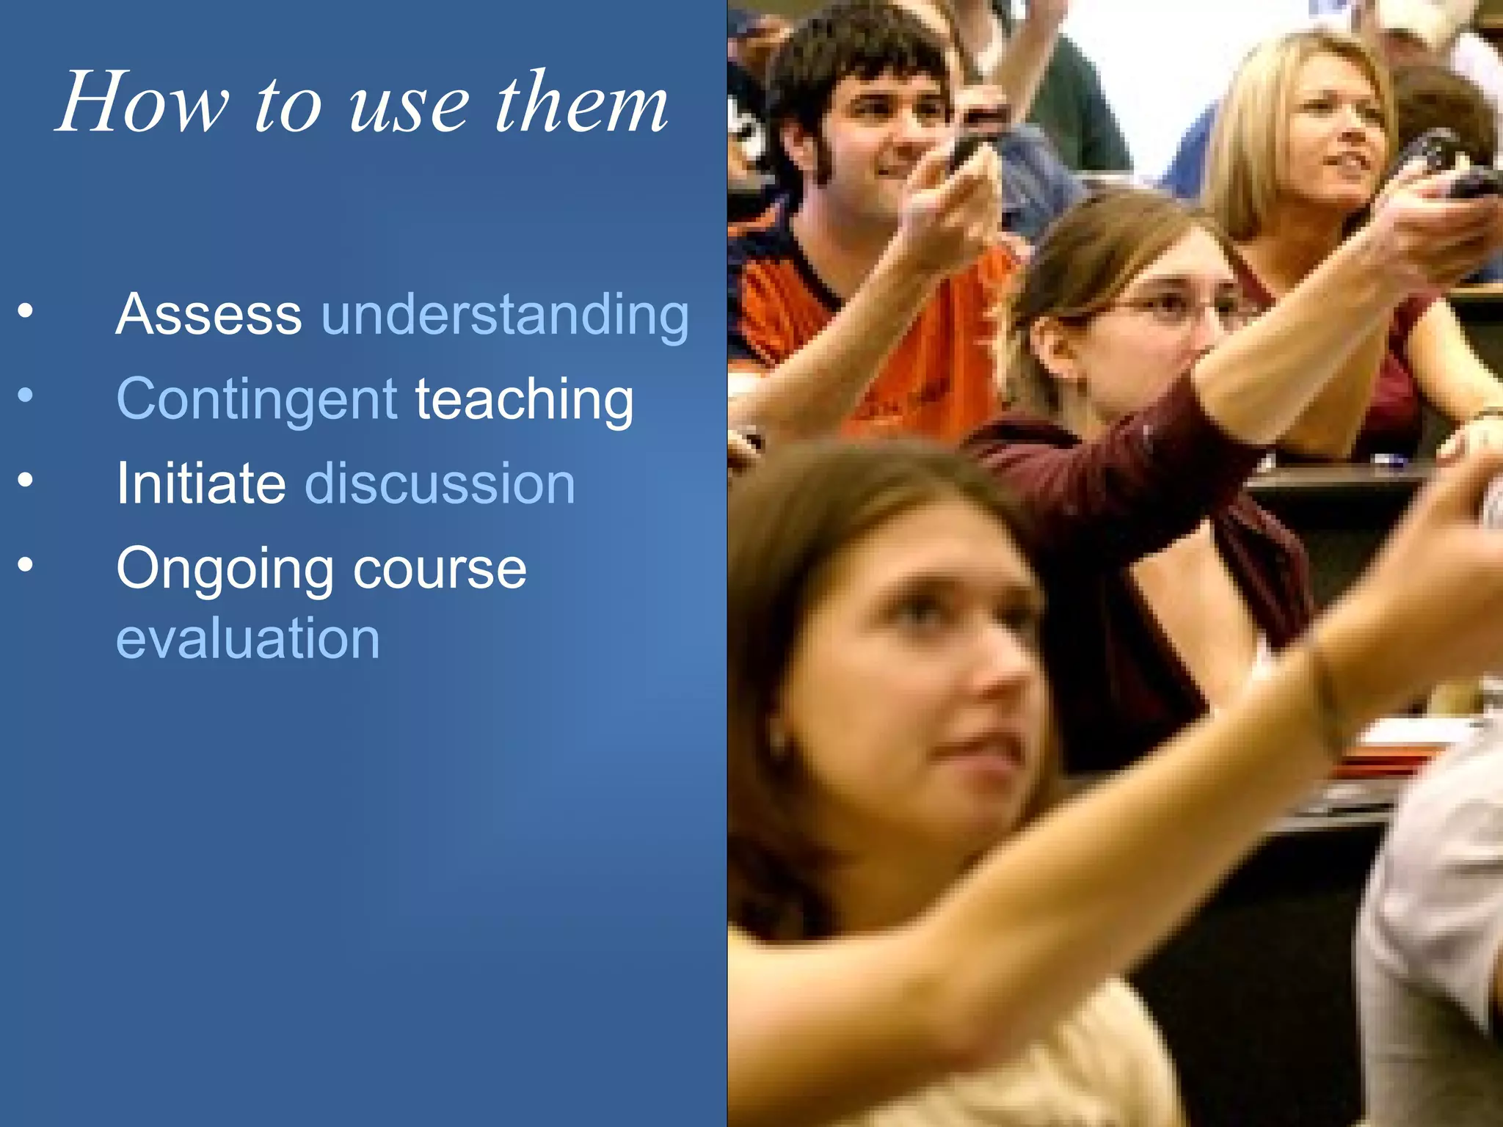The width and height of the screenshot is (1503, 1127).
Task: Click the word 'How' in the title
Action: pos(143,103)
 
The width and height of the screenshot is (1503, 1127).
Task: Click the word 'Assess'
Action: pos(209,314)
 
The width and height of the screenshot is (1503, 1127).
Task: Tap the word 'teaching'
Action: pos(524,401)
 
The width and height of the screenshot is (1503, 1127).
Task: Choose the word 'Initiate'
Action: pos(201,484)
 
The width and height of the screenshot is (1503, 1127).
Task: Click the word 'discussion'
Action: pos(440,484)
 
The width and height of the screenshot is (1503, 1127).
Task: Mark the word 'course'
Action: pos(440,569)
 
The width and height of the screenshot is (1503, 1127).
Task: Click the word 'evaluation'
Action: pos(248,638)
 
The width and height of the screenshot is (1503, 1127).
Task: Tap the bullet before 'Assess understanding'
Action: pos(26,311)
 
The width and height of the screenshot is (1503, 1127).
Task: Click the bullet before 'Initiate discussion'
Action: pos(26,481)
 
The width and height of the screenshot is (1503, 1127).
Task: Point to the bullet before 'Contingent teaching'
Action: pos(26,396)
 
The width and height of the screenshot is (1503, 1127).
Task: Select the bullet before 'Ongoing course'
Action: pos(26,565)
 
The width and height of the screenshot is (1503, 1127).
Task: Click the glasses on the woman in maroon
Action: pos(1167,308)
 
